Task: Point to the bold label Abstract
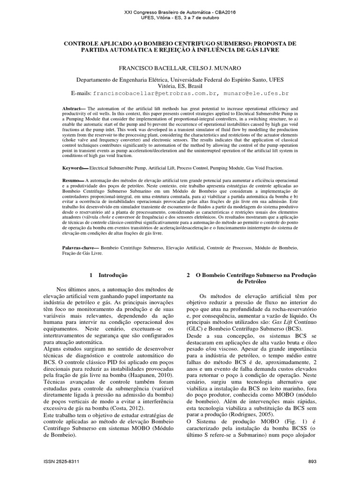(x=73, y=108)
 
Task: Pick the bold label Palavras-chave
(x=78, y=246)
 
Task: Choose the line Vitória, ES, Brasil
(x=180, y=86)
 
